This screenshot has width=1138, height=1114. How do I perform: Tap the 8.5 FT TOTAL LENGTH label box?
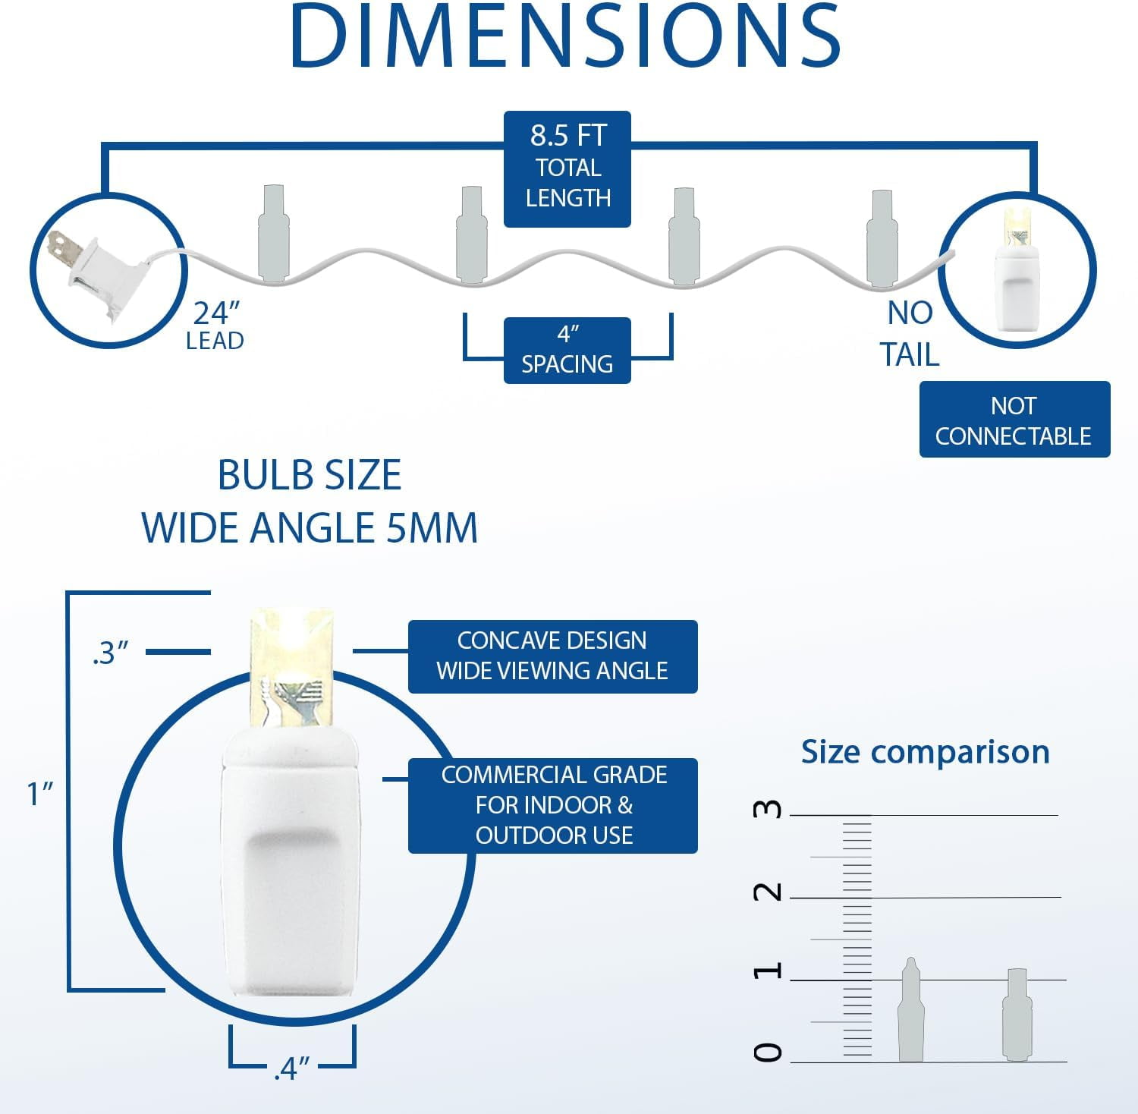coord(567,168)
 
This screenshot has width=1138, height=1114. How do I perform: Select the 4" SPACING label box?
coord(567,350)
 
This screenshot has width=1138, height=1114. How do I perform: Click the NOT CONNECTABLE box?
coord(1014,420)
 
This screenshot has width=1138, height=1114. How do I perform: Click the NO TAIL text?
coord(910,334)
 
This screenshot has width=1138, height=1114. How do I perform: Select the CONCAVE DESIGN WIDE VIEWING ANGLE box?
coord(552,656)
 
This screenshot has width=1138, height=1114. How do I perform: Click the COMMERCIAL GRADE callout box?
coord(552,805)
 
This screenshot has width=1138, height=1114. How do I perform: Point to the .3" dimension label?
coord(111,653)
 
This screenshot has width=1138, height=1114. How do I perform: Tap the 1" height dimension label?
coord(40,794)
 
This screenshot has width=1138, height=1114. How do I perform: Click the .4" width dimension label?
coord(292,1068)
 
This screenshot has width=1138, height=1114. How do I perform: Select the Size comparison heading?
coord(926,752)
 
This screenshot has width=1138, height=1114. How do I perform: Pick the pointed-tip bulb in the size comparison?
coord(910,1009)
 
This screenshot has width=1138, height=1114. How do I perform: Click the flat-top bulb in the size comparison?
coord(1017,1014)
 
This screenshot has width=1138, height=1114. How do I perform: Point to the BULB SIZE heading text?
coord(310,476)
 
